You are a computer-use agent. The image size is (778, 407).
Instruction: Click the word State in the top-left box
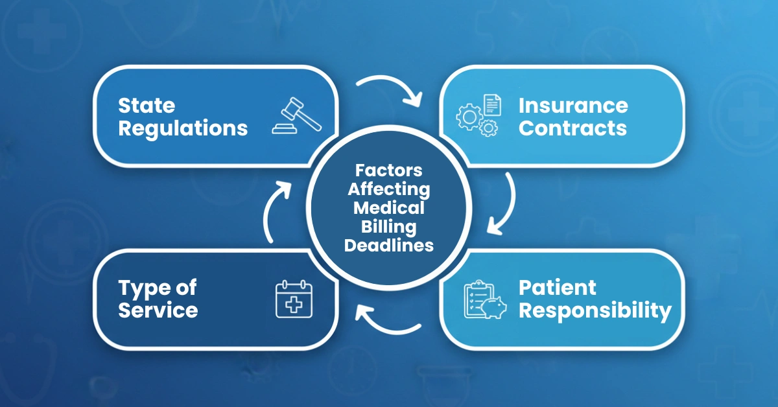(x=147, y=106)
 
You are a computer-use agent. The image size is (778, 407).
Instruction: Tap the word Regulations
(x=183, y=128)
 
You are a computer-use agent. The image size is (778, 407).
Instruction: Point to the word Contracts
(x=572, y=128)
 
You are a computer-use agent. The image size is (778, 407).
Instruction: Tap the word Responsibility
(x=595, y=310)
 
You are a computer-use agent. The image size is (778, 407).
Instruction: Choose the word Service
(x=158, y=310)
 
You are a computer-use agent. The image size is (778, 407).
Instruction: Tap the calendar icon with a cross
(x=294, y=299)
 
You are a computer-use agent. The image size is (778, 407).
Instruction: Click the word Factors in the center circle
(x=388, y=171)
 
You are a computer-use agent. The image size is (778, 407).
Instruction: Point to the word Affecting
(x=388, y=190)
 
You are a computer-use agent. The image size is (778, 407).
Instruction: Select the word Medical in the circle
(x=388, y=209)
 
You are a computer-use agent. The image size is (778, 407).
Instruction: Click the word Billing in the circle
(x=388, y=227)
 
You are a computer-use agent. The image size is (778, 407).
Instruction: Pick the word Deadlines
(x=388, y=246)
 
